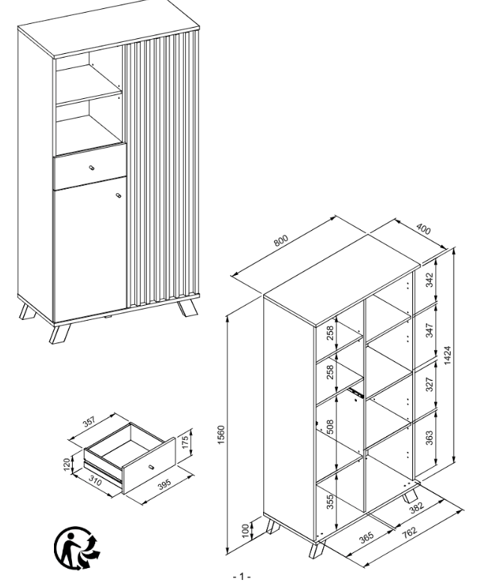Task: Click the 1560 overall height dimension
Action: (x=221, y=435)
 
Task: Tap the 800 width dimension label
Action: (x=281, y=241)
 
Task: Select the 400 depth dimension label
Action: (x=424, y=229)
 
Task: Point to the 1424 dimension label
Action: (x=447, y=355)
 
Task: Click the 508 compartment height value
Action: (x=330, y=427)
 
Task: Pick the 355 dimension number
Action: (x=330, y=501)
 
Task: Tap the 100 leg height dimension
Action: (x=245, y=531)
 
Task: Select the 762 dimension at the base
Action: (x=409, y=533)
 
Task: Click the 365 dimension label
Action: (x=367, y=538)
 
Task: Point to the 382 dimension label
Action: (x=416, y=507)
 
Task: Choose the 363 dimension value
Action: (x=429, y=438)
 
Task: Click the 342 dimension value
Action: (x=429, y=280)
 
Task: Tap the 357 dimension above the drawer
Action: (x=89, y=422)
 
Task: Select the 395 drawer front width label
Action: (x=164, y=484)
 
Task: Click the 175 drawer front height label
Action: (x=185, y=441)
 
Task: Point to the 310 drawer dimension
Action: (x=95, y=480)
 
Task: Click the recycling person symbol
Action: (x=77, y=548)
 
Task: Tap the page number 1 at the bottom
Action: (x=242, y=576)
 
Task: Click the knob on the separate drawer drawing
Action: (x=151, y=467)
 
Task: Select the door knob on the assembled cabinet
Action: (x=118, y=196)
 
